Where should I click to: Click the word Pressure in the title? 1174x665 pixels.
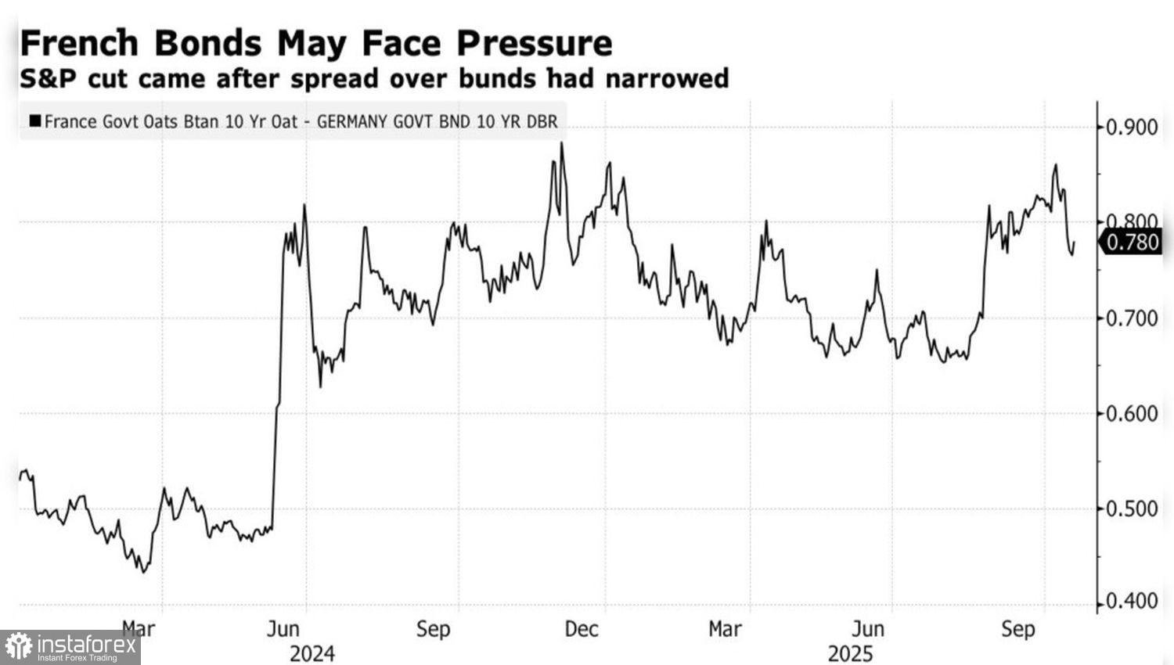[x=535, y=43]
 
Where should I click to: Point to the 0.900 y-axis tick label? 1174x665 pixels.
[x=1132, y=127]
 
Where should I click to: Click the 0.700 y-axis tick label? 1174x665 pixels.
[x=1132, y=318]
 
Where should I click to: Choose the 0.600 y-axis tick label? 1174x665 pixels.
[x=1132, y=414]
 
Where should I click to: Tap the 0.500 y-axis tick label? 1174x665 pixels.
[x=1132, y=509]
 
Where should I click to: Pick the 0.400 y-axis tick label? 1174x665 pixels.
[x=1132, y=602]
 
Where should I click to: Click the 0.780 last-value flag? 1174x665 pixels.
[x=1133, y=243]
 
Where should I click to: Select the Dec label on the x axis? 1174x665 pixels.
[x=582, y=629]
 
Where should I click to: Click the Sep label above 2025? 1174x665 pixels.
[x=1018, y=629]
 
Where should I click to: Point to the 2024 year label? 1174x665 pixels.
[x=312, y=653]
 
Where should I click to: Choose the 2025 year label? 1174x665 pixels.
[x=850, y=653]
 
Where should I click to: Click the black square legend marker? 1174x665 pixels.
[x=34, y=121]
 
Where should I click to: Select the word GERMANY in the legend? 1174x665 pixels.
[x=351, y=122]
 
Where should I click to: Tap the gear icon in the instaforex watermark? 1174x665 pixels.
[x=18, y=647]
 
